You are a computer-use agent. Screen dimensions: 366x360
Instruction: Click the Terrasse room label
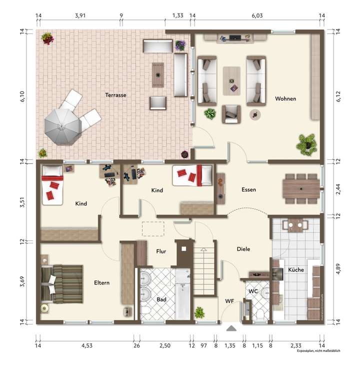pos(115,95)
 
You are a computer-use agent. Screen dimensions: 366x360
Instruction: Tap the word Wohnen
pos(285,99)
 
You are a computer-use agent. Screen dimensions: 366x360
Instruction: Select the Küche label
pos(296,270)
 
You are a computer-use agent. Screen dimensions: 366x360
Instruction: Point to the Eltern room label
pos(101,283)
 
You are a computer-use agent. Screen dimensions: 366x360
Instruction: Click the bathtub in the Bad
pos(182,294)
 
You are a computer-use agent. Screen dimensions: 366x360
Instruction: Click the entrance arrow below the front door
pos(231,328)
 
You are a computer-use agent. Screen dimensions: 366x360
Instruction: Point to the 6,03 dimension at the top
pos(257,16)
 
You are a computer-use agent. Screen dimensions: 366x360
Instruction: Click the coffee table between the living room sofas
pos(231,81)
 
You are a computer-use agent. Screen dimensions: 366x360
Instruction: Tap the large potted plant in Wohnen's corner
pos(306,143)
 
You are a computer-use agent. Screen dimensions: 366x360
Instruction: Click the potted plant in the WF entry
pos(200,313)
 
